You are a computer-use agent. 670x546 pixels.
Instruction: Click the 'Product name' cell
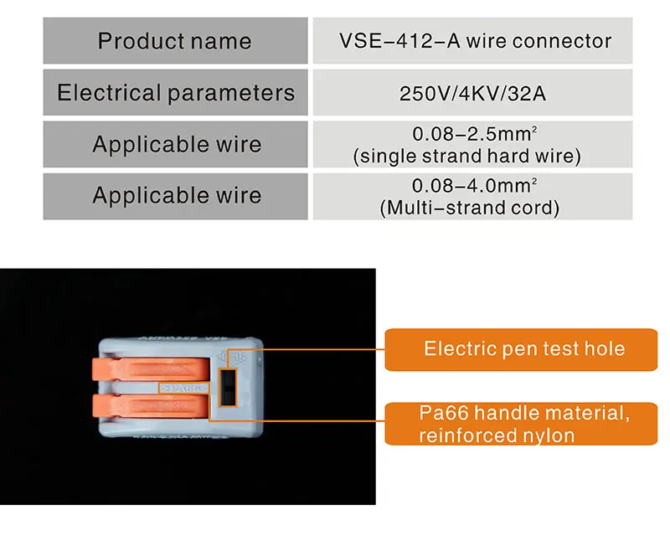(174, 41)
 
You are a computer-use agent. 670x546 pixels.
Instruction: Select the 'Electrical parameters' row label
(176, 92)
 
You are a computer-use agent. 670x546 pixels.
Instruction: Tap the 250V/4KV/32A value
(473, 93)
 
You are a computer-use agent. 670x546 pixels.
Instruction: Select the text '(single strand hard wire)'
(467, 156)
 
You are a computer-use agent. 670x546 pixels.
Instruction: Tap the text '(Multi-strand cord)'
(469, 208)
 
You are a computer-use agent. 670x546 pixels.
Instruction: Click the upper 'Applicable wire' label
(177, 144)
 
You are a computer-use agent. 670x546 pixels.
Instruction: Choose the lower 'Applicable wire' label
(177, 196)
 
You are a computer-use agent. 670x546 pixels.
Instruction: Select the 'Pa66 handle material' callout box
(521, 424)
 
